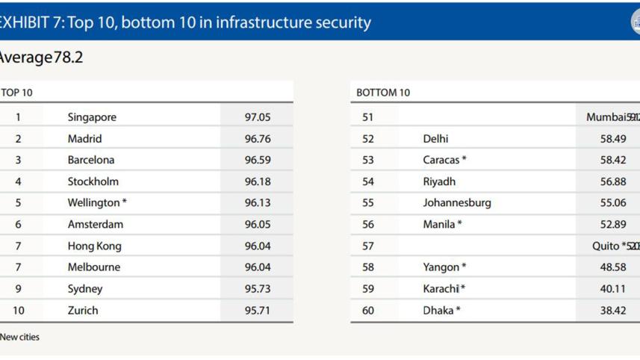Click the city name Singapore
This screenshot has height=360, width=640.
click(x=92, y=117)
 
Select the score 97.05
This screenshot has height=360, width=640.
click(x=257, y=117)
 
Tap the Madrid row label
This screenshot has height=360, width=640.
click(x=84, y=139)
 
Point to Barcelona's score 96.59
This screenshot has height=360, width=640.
click(x=257, y=160)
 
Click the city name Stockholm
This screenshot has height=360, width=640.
click(x=93, y=181)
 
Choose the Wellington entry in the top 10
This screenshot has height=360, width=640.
click(x=96, y=203)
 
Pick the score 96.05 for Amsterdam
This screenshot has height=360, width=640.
click(x=257, y=224)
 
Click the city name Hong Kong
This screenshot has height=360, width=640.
click(x=94, y=246)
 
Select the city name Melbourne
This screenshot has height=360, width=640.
click(x=93, y=267)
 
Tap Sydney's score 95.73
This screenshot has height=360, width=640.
click(x=257, y=289)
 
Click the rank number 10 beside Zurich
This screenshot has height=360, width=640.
click(x=18, y=311)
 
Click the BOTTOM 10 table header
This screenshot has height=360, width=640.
click(x=383, y=93)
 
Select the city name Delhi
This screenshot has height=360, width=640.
click(x=435, y=139)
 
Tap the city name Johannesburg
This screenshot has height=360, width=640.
click(x=456, y=203)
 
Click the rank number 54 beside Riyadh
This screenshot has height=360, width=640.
click(x=367, y=181)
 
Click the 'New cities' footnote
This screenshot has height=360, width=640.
click(x=19, y=338)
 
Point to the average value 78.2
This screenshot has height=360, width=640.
click(x=68, y=58)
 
